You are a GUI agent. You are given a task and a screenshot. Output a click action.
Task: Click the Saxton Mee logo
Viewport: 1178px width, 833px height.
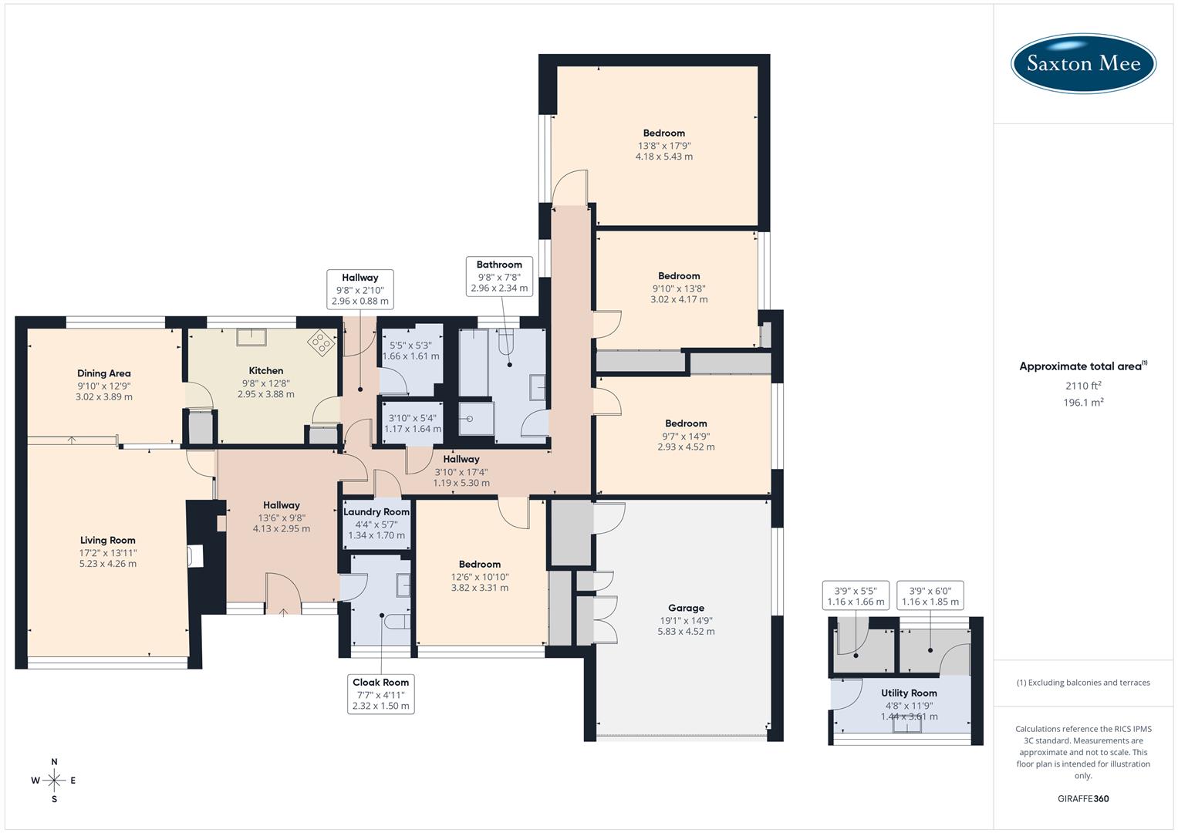pos(1083,63)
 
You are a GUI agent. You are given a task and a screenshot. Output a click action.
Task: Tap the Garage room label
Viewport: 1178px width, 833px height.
pos(686,608)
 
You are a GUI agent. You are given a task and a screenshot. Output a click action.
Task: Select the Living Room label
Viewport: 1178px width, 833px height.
pos(108,540)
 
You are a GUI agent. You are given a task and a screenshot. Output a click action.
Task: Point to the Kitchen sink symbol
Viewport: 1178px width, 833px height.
pos(251,337)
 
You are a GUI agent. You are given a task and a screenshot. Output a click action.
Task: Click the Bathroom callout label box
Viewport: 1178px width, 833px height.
pos(499,276)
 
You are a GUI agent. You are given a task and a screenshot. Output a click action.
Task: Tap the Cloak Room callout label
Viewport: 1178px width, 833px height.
pos(380,693)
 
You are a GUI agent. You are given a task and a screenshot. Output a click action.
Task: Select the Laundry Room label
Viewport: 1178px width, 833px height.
pos(376,512)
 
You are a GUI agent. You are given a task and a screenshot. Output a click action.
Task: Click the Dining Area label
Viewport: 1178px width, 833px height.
pos(104,373)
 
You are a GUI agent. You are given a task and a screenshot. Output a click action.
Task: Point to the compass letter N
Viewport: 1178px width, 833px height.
pos(54,761)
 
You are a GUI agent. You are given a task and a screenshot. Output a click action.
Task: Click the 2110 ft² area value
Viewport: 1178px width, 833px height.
pos(1083,386)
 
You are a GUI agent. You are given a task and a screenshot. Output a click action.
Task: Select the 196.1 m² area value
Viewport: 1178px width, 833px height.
pos(1083,402)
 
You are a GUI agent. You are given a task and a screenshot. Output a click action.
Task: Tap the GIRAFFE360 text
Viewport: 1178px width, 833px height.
pos(1083,798)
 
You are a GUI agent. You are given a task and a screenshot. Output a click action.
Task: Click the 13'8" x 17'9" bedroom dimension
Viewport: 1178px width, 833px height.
pos(664,145)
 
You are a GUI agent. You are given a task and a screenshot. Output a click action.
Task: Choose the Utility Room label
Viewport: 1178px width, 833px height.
pos(909,693)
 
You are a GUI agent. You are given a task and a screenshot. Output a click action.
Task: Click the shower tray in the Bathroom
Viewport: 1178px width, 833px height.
pos(475,420)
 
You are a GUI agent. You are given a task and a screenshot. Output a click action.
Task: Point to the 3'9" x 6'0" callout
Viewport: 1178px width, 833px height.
pos(930,596)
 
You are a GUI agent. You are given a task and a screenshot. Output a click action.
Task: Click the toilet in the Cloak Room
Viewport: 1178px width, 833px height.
pos(396,622)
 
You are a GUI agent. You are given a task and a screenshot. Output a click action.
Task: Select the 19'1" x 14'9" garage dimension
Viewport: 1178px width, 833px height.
pos(686,620)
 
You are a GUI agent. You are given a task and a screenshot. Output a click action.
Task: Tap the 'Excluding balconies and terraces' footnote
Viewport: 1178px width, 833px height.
pos(1083,683)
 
